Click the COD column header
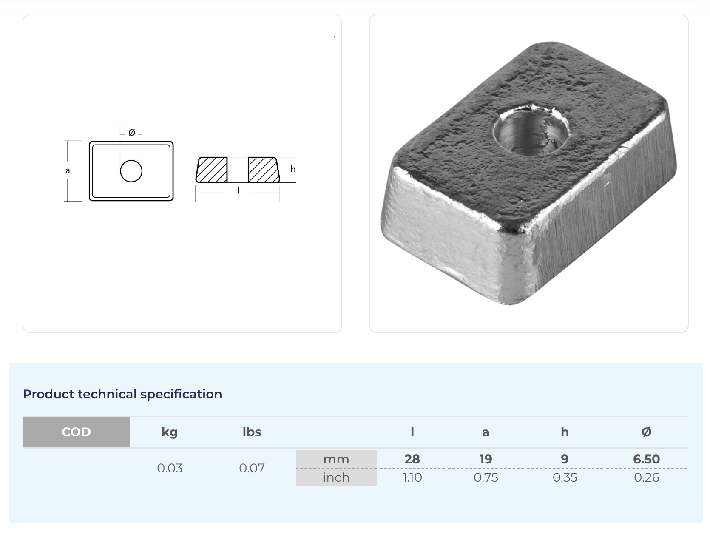pyautogui.click(x=77, y=432)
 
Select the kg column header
pyautogui.click(x=170, y=432)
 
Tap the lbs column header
pyautogui.click(x=252, y=432)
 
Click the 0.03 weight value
pyautogui.click(x=170, y=468)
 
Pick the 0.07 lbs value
pyautogui.click(x=252, y=468)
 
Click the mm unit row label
pyautogui.click(x=336, y=459)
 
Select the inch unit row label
pyautogui.click(x=336, y=477)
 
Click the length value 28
pyautogui.click(x=412, y=459)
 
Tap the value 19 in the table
pyautogui.click(x=486, y=459)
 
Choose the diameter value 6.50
pyautogui.click(x=646, y=459)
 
